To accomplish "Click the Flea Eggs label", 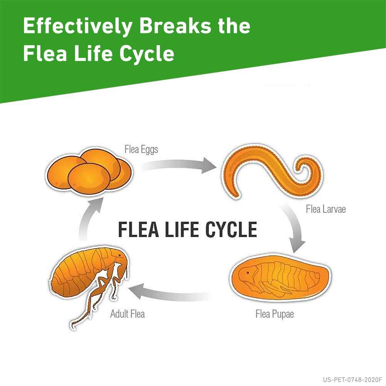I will coord(141,149).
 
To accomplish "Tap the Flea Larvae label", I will coord(326,209).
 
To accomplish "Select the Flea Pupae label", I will coord(274,314).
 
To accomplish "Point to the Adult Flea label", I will coord(127,314).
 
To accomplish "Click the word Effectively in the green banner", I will coord(77,27).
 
